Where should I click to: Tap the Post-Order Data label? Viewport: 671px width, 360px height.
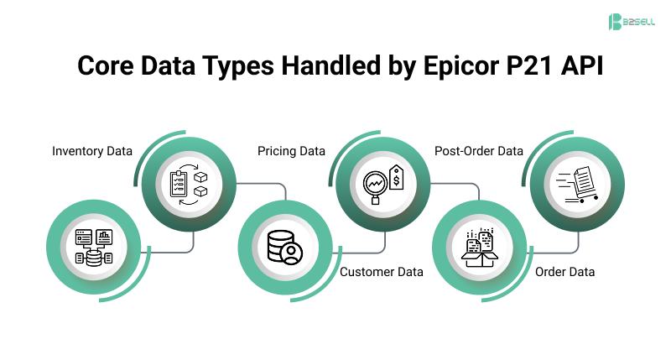pyautogui.click(x=479, y=151)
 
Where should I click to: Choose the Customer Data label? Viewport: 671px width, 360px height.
pyautogui.click(x=382, y=272)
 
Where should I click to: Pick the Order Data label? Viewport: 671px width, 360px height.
pyautogui.click(x=564, y=272)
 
